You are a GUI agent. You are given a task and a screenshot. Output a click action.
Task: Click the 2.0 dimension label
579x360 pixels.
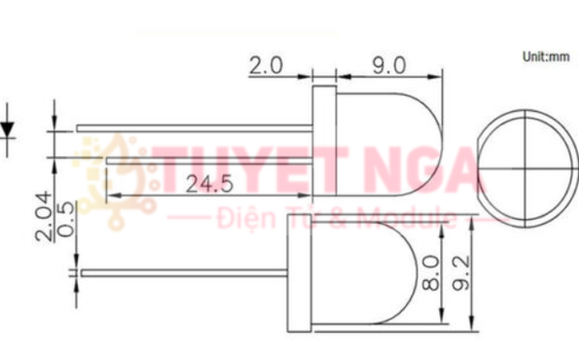266,66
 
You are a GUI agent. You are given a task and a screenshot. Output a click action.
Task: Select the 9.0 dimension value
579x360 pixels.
389,66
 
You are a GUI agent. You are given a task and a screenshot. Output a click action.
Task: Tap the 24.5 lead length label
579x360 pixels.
209,184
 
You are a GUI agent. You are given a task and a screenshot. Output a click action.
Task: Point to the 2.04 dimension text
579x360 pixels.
44,217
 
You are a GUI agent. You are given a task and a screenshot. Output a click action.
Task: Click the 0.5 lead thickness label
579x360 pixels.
67,219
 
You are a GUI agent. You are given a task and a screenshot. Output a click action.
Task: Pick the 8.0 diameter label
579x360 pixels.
431,273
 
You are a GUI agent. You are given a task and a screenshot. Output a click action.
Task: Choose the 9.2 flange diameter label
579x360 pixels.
461,273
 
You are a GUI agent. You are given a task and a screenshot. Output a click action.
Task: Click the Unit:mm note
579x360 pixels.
546,57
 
